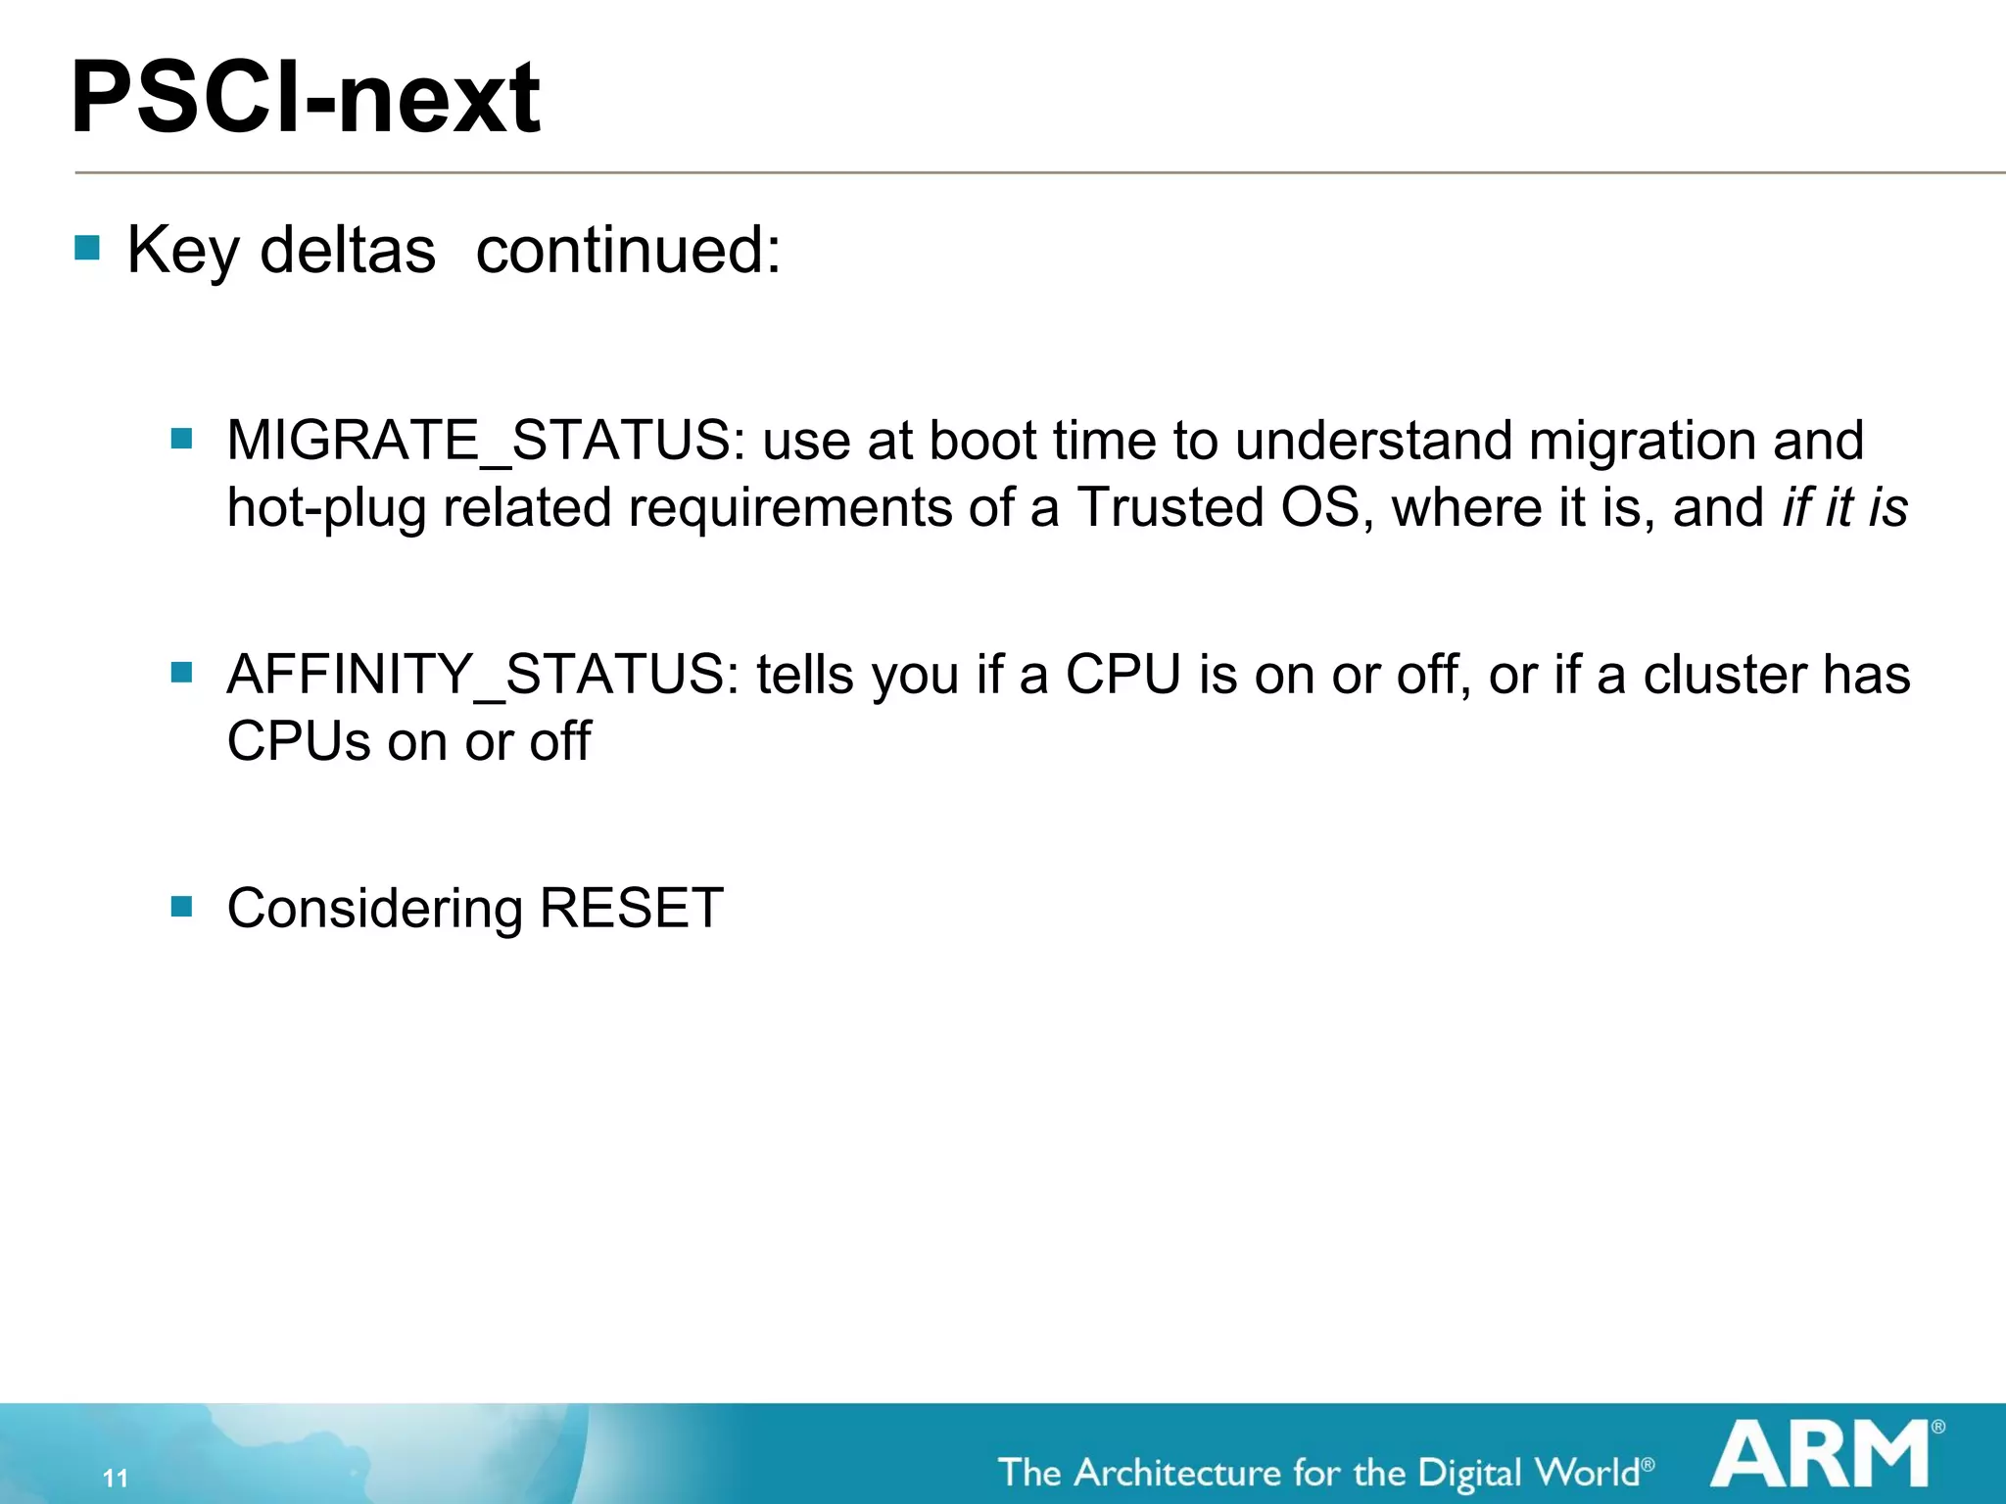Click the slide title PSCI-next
pyautogui.click(x=306, y=98)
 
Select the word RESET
pyautogui.click(x=631, y=908)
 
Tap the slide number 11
pyautogui.click(x=116, y=1478)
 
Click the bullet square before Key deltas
pyautogui.click(x=87, y=247)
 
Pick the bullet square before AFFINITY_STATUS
pyautogui.click(x=181, y=672)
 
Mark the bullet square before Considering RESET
pyautogui.click(x=181, y=906)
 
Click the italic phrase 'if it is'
pyautogui.click(x=1844, y=507)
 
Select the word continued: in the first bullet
pyautogui.click(x=628, y=251)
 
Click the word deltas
pyautogui.click(x=348, y=251)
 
